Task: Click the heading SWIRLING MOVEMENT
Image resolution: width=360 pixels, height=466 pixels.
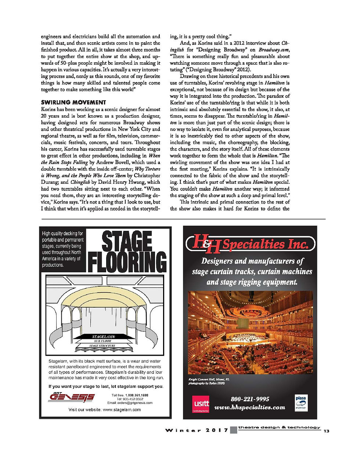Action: [x=73, y=102]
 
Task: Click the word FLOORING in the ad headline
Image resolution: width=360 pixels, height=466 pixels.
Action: [x=127, y=262]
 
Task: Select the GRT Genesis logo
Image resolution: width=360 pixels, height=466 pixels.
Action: [x=72, y=397]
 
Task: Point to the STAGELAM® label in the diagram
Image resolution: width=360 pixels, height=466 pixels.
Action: [x=104, y=336]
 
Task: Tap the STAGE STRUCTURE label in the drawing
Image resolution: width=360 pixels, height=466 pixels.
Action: [x=102, y=346]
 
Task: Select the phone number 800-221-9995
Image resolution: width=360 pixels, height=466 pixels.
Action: [x=250, y=399]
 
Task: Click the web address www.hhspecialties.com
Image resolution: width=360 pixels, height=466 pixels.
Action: [x=250, y=407]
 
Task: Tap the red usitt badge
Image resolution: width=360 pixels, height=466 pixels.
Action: [x=201, y=404]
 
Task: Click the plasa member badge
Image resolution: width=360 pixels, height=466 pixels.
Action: [x=301, y=403]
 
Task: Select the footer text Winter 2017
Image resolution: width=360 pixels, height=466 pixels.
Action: [x=196, y=430]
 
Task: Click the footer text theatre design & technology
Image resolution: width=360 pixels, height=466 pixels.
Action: [x=279, y=427]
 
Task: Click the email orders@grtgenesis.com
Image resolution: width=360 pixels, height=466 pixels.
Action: [x=130, y=403]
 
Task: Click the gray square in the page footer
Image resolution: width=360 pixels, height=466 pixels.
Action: [x=233, y=430]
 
